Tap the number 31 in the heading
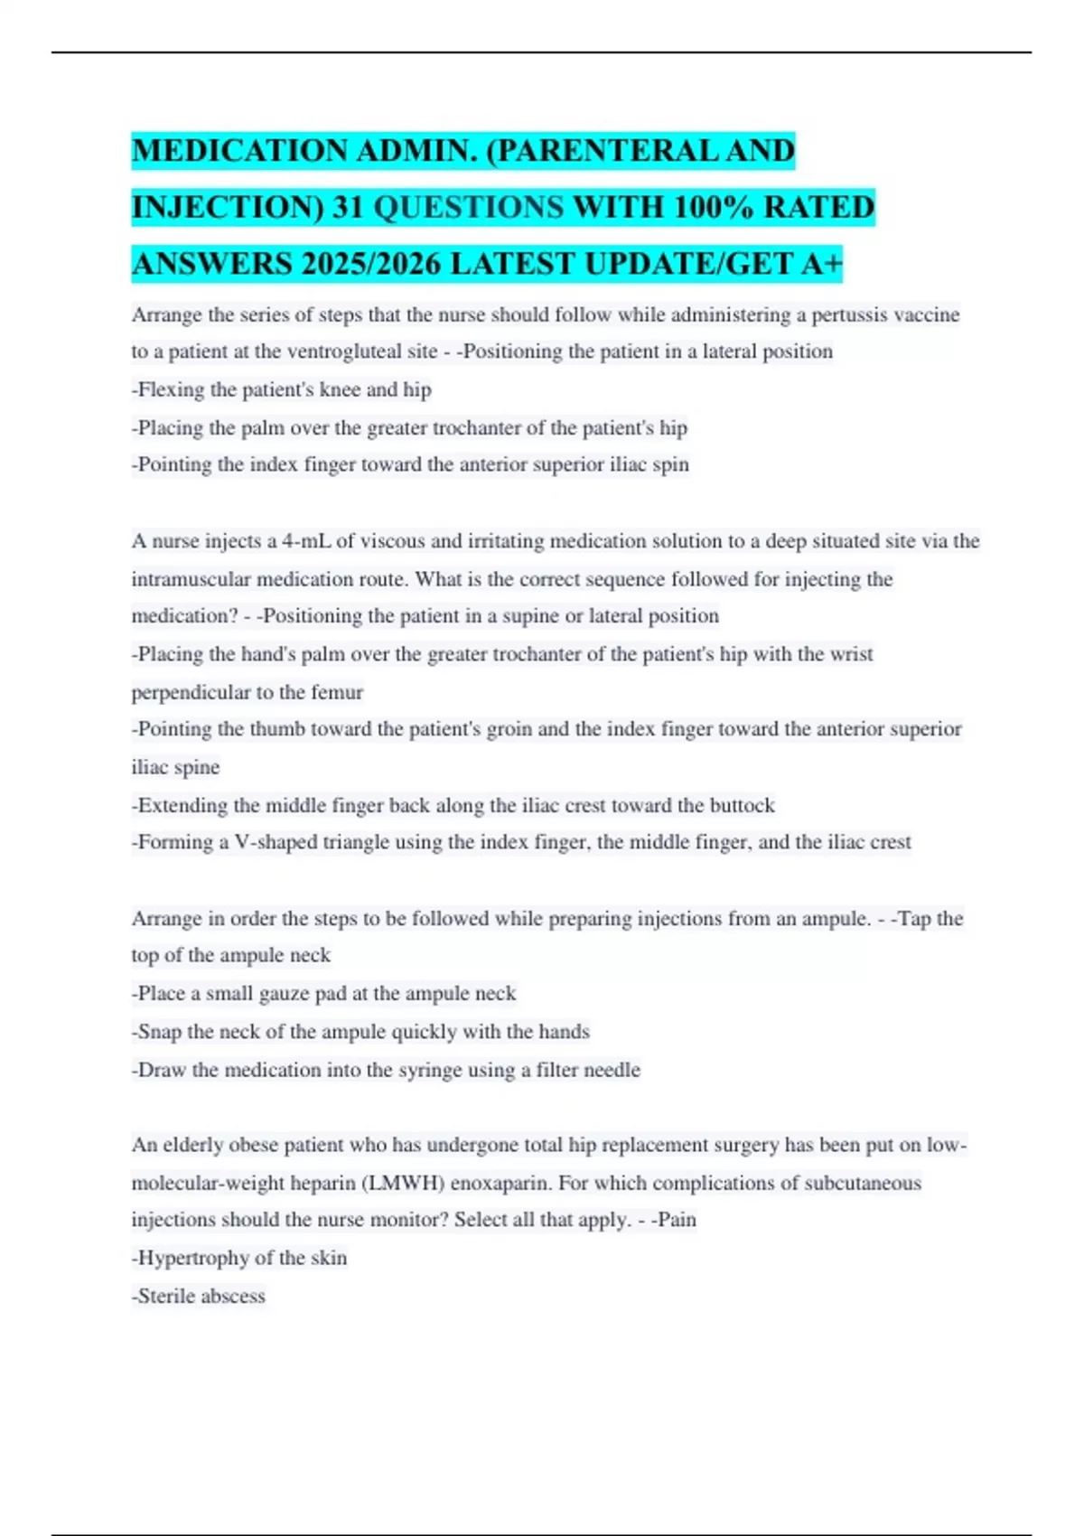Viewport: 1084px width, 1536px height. point(348,208)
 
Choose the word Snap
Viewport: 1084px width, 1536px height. point(160,1032)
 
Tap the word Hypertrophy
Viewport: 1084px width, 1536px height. point(191,1258)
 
